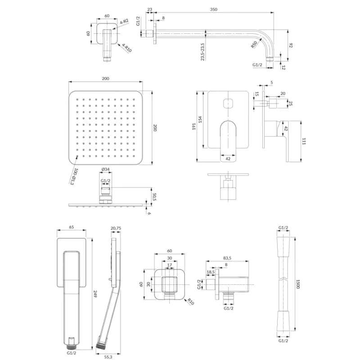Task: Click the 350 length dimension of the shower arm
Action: click(x=213, y=9)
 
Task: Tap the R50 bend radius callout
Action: click(x=254, y=45)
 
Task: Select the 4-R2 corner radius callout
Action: click(x=124, y=22)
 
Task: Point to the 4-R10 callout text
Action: click(x=126, y=48)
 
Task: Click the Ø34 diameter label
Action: click(x=106, y=170)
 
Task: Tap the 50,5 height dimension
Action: click(x=154, y=197)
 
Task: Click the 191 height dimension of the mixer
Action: click(x=194, y=126)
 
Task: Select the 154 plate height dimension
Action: click(x=200, y=119)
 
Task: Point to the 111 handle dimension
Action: click(x=304, y=141)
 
